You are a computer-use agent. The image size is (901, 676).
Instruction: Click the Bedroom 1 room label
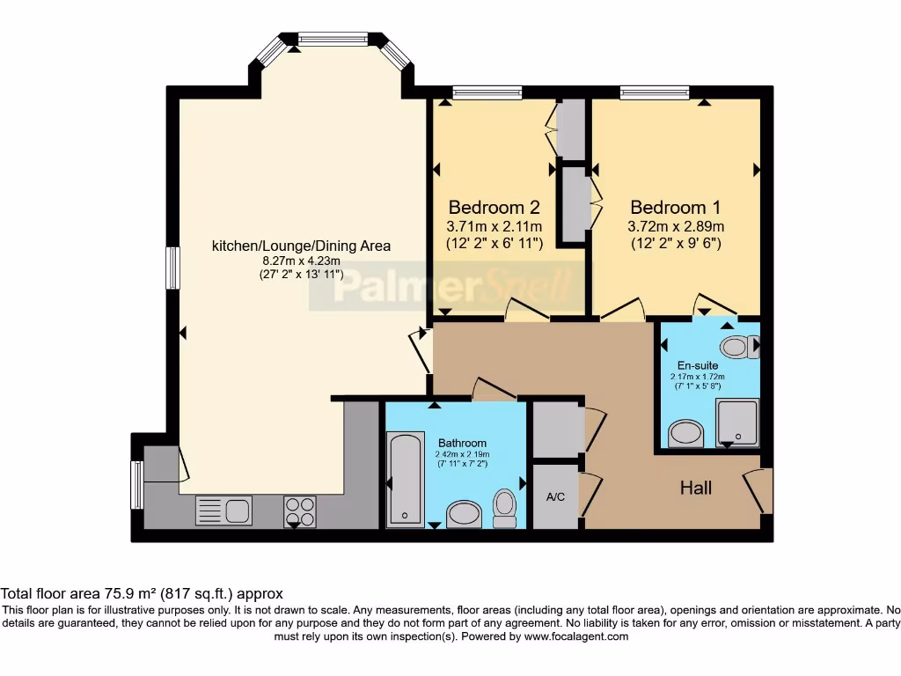pos(676,208)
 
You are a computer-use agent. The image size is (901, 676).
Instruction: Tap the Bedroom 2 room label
pos(494,208)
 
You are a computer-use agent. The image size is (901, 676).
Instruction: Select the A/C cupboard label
pos(555,497)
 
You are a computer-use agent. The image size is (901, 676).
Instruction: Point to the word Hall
pos(695,488)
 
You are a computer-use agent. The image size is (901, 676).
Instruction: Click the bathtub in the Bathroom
pos(406,478)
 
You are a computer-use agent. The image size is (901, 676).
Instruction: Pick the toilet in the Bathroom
pos(504,507)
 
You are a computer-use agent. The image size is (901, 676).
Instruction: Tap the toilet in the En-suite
pos(737,347)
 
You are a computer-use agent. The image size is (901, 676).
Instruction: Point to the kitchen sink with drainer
pos(223,510)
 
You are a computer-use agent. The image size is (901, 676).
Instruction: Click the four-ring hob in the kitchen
pos(299,511)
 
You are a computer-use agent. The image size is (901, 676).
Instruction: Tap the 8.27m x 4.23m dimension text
pos(301,261)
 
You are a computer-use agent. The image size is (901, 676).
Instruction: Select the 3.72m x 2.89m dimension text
pos(676,226)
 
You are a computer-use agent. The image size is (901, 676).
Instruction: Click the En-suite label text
pos(697,365)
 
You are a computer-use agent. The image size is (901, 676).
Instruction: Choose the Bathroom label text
pos(462,443)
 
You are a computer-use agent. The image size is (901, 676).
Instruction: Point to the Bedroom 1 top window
pos(654,92)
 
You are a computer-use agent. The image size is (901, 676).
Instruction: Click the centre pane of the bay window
pos(333,39)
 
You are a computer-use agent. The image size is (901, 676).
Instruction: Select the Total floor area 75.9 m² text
pos(142,593)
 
